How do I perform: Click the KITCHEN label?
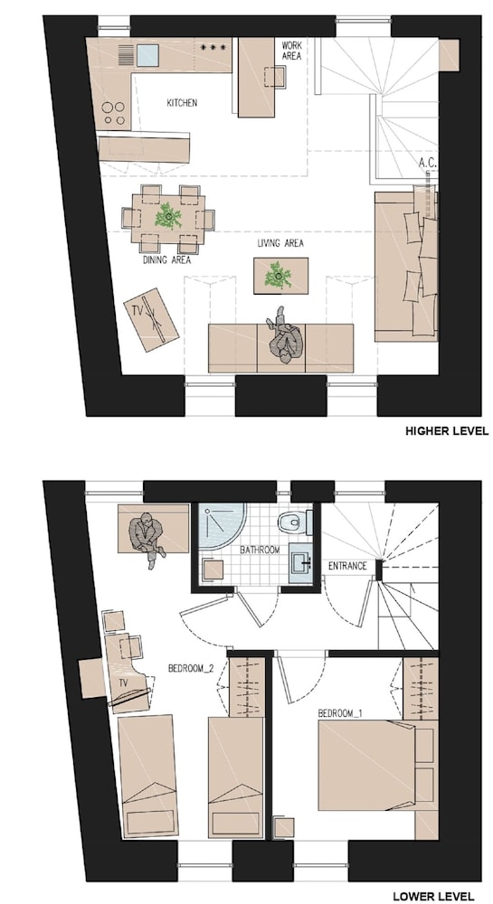(182, 103)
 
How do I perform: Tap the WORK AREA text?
(292, 50)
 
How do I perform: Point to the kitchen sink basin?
(147, 55)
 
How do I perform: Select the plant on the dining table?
(168, 217)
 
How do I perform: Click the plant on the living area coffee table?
(279, 276)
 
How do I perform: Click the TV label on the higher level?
(137, 311)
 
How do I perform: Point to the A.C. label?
(427, 164)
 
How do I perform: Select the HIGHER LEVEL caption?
(447, 430)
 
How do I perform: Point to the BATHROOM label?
(260, 550)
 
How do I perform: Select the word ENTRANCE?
(347, 566)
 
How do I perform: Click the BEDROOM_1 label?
(340, 713)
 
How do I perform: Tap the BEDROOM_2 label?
(192, 669)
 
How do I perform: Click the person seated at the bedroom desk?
(147, 538)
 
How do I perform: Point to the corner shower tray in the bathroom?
(223, 525)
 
